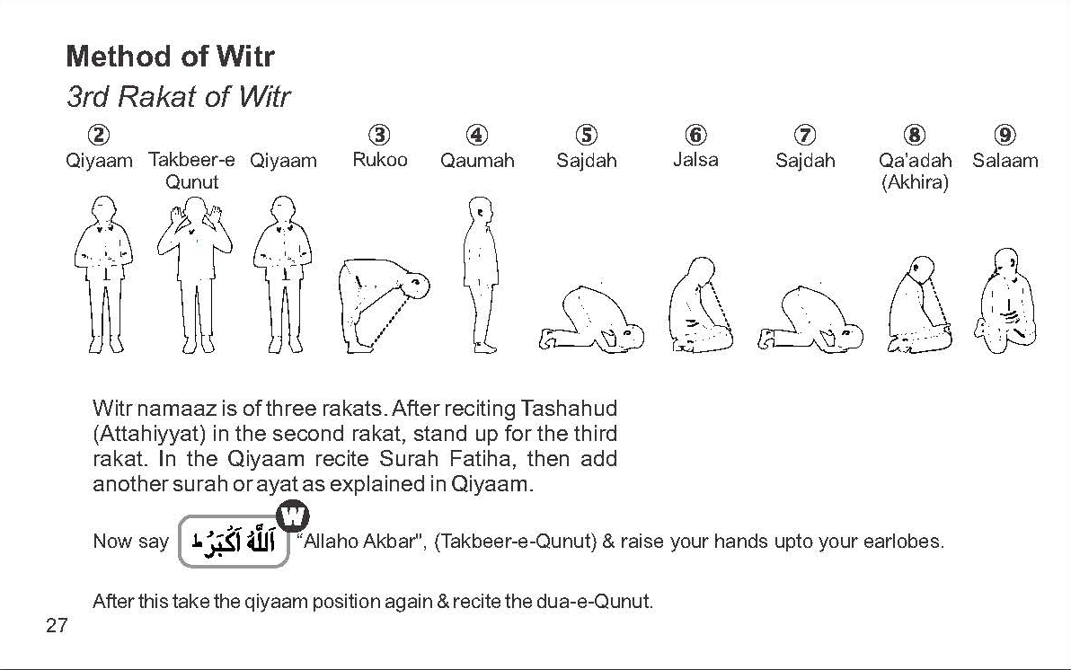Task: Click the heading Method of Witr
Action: [170, 56]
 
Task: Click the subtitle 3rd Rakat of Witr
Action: [178, 97]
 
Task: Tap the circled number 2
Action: [100, 135]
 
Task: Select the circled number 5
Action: [586, 135]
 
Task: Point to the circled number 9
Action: [1005, 135]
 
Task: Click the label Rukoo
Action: [380, 160]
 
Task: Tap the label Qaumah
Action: [477, 161]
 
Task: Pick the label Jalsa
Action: [695, 160]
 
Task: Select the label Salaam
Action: [1005, 161]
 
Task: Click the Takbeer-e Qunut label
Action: [192, 171]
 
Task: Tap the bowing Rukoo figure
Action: [384, 304]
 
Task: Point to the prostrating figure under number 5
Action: [591, 318]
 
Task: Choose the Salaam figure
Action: [1007, 301]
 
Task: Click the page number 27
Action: [56, 625]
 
